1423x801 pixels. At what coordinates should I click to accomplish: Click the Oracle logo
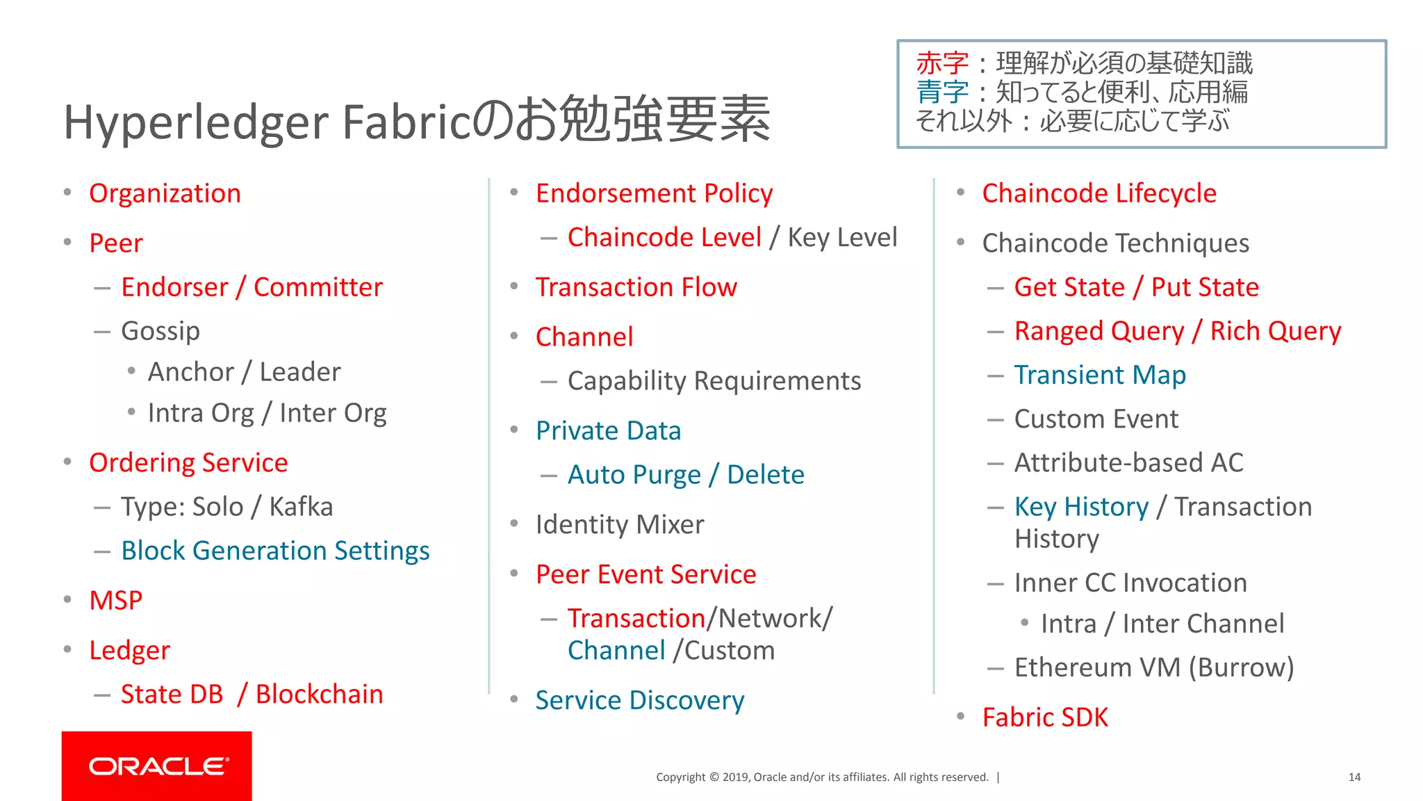pos(157,766)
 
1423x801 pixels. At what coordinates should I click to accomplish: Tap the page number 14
pos(1354,777)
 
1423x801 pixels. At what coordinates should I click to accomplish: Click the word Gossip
pos(161,331)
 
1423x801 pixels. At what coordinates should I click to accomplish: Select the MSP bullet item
pos(116,601)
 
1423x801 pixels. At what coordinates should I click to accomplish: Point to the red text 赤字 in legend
pos(942,64)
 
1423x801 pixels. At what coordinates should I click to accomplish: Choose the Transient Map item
pos(1100,375)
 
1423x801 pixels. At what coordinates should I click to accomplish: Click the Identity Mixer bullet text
pos(620,524)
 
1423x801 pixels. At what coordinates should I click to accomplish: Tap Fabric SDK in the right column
pos(1045,718)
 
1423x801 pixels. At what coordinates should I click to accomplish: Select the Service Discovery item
pos(639,700)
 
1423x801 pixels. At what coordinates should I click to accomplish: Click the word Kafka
pos(301,507)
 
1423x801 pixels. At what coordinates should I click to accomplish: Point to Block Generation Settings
pos(275,551)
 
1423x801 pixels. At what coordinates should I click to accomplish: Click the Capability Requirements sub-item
pos(714,381)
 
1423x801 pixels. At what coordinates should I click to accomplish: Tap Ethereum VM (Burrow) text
pos(1153,667)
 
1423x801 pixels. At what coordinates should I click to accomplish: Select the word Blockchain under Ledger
pos(319,695)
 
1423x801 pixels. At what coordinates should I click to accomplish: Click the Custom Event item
pos(1096,419)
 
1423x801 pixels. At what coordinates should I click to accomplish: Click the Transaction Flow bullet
pos(636,287)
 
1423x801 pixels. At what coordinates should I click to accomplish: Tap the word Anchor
pos(191,372)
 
